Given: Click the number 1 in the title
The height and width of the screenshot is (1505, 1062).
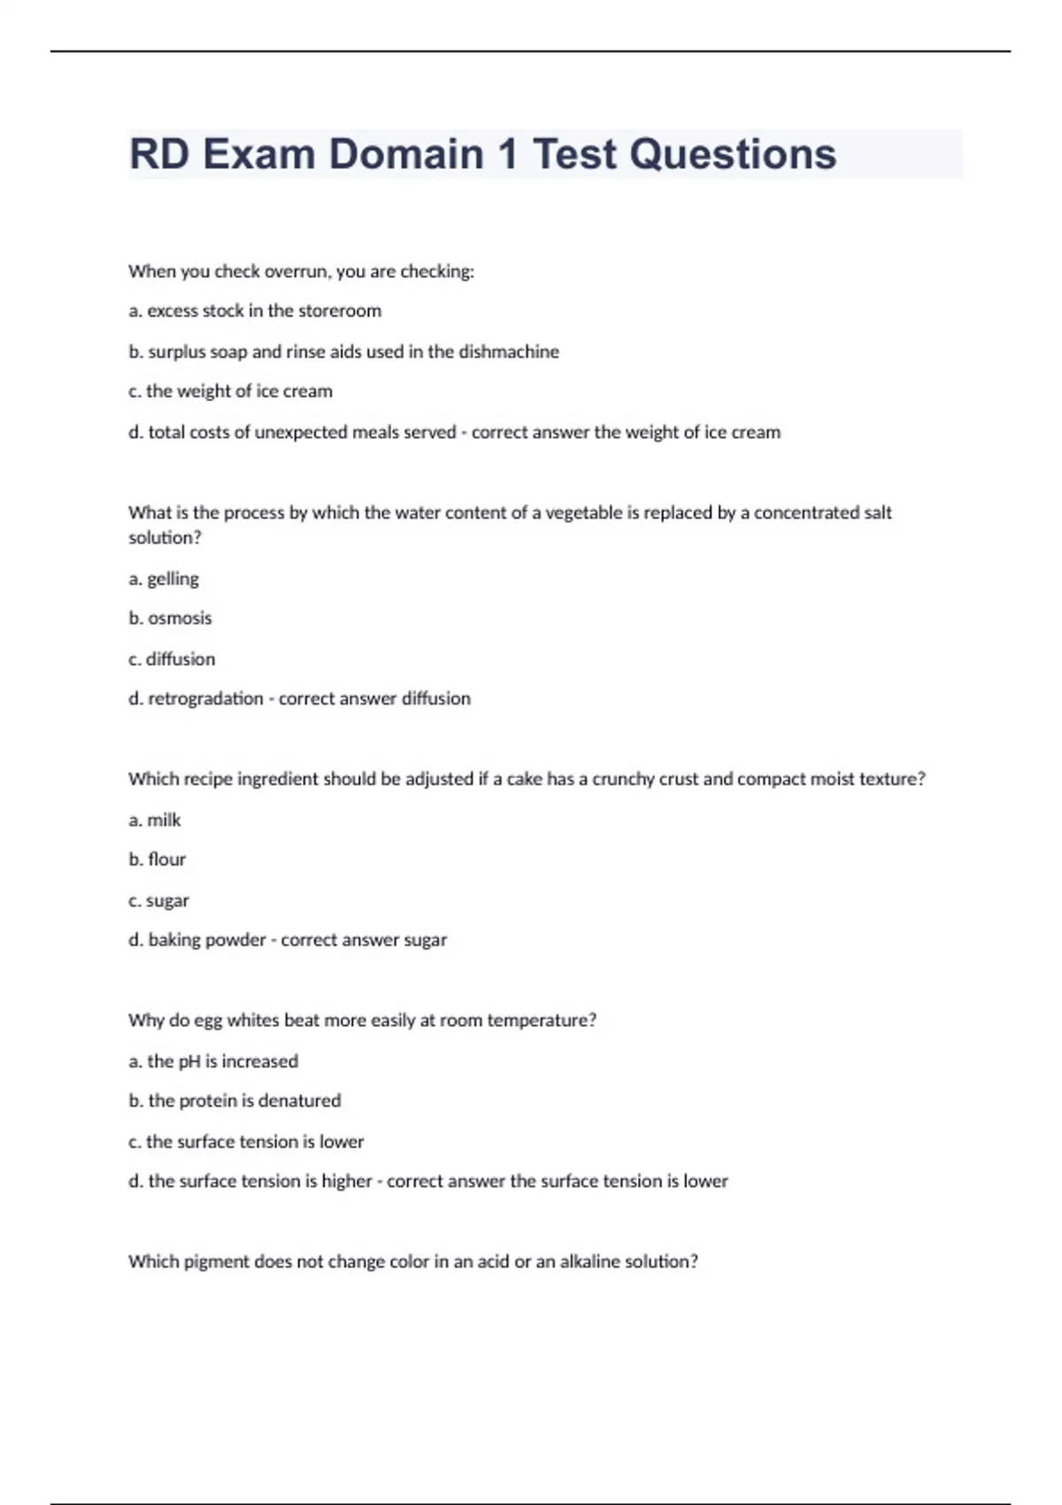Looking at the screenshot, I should (507, 154).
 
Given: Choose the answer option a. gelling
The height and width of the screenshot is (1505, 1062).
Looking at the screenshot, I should (164, 579).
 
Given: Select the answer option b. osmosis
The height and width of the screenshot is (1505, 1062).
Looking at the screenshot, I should (170, 618).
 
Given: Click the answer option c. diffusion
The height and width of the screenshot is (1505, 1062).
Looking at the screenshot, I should (172, 659).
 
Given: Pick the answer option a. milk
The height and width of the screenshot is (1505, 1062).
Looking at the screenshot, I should (155, 820).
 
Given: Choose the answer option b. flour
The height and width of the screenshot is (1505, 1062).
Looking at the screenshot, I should (158, 859).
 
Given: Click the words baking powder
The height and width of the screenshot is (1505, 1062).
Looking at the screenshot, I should (207, 939).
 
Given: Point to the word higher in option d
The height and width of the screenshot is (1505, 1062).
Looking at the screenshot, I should (347, 1181).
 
